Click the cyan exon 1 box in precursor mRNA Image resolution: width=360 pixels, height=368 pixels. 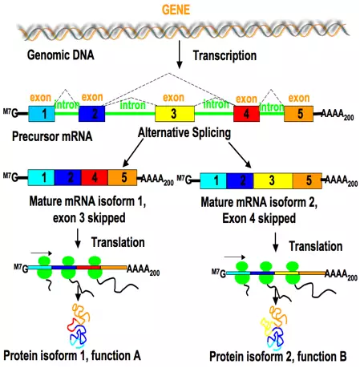[38, 114]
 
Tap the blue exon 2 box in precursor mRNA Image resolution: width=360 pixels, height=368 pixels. [93, 114]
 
